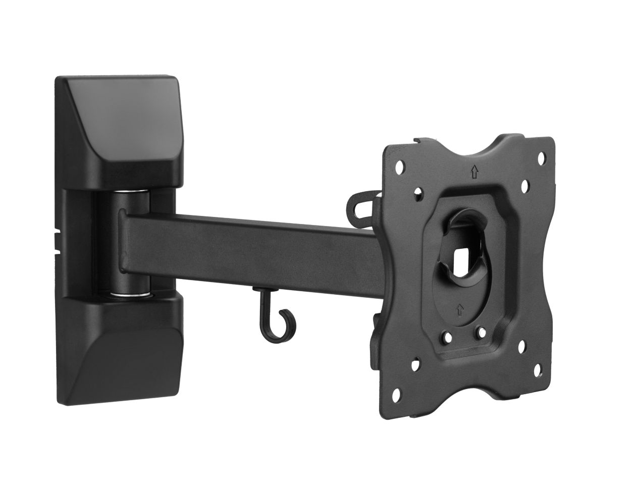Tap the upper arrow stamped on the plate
(474, 173)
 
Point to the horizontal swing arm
(242, 233)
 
